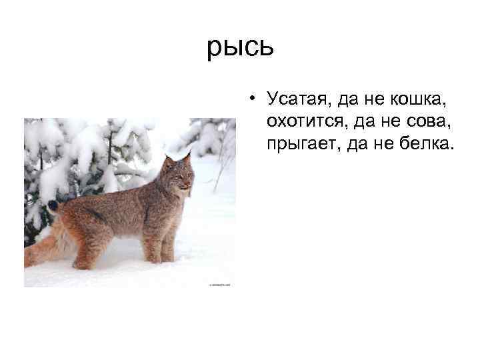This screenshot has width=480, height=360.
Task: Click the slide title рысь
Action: tap(239, 47)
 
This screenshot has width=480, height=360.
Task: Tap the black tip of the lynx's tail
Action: tap(52, 206)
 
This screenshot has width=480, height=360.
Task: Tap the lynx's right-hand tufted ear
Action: tap(187, 159)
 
